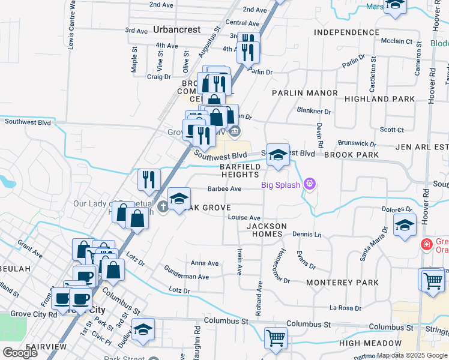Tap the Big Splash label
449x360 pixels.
[280, 185]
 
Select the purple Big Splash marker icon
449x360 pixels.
[310, 183]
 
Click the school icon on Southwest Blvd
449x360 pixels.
[278, 155]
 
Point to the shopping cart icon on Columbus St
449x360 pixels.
[276, 337]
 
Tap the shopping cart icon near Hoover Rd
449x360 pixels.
[432, 280]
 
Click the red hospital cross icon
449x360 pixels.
[426, 244]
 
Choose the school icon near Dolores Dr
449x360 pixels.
[405, 226]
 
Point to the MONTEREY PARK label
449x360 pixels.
[342, 282]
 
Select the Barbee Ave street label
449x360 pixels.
[224, 188]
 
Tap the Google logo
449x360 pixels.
[20, 352]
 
